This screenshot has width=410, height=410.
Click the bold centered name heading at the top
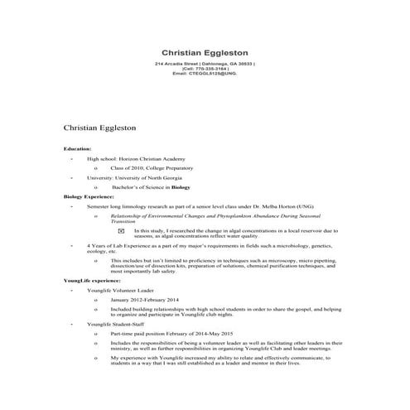click(205, 51)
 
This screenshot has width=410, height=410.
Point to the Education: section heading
click(80, 148)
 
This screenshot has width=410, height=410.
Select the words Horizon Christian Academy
click(155, 157)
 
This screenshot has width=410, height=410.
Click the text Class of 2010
click(129, 167)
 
